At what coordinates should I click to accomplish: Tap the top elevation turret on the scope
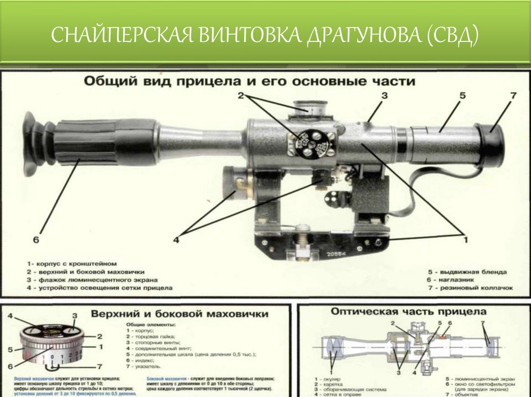tap(310, 109)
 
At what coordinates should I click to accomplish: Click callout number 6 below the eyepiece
tap(36, 239)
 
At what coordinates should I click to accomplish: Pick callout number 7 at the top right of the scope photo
tap(513, 96)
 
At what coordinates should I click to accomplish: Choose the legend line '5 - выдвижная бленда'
tap(467, 271)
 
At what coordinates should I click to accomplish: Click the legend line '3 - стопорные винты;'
tap(152, 342)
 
